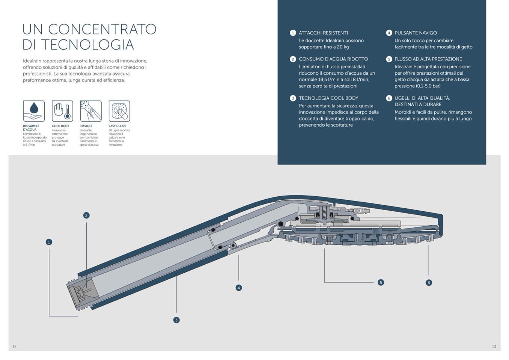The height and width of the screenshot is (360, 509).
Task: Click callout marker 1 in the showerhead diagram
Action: [49, 242]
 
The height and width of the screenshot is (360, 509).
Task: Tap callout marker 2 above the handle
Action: [86, 215]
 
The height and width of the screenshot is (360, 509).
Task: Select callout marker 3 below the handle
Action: [176, 320]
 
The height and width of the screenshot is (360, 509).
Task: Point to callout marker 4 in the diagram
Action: [239, 288]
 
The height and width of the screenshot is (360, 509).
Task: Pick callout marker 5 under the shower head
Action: [381, 283]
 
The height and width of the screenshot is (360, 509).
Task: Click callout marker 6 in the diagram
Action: [429, 283]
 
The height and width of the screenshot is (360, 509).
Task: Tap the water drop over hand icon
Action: [34, 111]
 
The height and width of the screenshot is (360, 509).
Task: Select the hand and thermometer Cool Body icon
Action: [62, 111]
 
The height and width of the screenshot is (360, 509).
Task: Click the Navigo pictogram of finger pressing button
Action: [91, 111]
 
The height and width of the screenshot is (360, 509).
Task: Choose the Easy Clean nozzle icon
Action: [119, 111]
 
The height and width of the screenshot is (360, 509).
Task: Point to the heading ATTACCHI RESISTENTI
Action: [323, 33]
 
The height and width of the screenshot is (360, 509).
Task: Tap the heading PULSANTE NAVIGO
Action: [416, 33]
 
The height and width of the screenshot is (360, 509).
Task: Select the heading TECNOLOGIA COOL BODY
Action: [328, 98]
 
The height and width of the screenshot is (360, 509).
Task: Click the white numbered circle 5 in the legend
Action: [389, 59]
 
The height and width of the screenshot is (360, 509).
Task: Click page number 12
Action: [15, 346]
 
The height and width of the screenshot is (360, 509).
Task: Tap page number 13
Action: [494, 346]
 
